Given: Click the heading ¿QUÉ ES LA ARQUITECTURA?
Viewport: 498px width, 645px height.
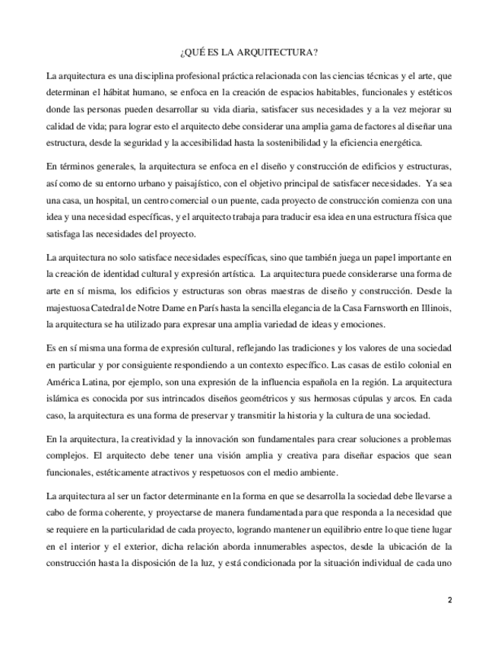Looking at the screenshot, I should click(249, 52).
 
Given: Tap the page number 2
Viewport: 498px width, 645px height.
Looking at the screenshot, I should click(449, 600).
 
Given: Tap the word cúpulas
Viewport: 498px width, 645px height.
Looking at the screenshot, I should click(364, 398).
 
